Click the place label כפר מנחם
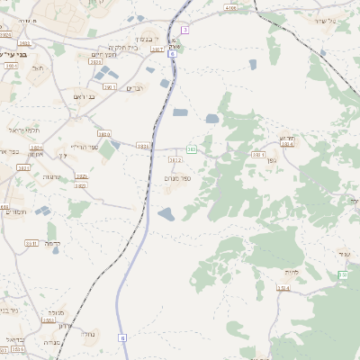[x=176, y=178]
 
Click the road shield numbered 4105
[x=231, y=8]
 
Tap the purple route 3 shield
[x=184, y=31]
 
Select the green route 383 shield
[x=192, y=148]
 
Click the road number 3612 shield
[x=175, y=160]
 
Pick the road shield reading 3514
[x=283, y=288]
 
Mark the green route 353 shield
[x=342, y=274]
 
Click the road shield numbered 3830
[x=104, y=133]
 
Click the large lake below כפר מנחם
[x=167, y=214]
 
